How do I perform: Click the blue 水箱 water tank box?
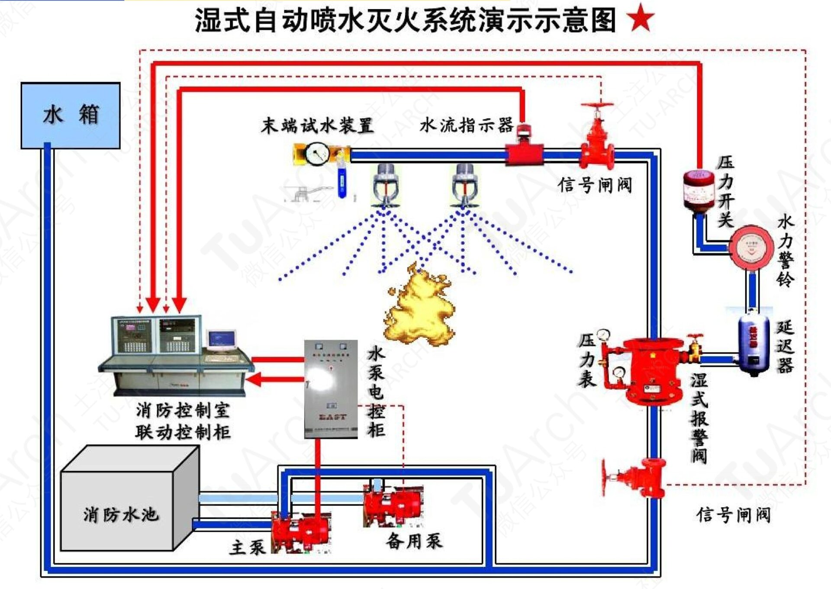[71, 116]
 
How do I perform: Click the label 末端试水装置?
[317, 126]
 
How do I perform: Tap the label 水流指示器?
[467, 126]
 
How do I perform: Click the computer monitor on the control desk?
[222, 340]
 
